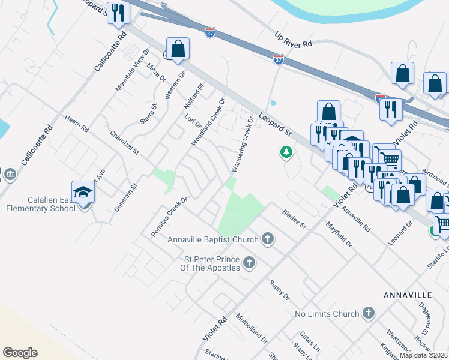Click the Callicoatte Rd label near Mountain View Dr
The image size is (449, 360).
coord(111,52)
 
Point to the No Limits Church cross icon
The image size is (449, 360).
coord(368,314)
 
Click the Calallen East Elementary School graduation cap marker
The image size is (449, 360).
coord(83,192)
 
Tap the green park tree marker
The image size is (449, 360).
coord(286,153)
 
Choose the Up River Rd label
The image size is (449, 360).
coord(293,40)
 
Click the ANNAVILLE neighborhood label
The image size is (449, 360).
coord(407,296)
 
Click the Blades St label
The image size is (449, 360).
coord(294,219)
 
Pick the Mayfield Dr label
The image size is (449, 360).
coord(339,236)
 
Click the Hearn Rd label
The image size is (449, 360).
coord(77,124)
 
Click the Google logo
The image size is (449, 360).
coord(20,353)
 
